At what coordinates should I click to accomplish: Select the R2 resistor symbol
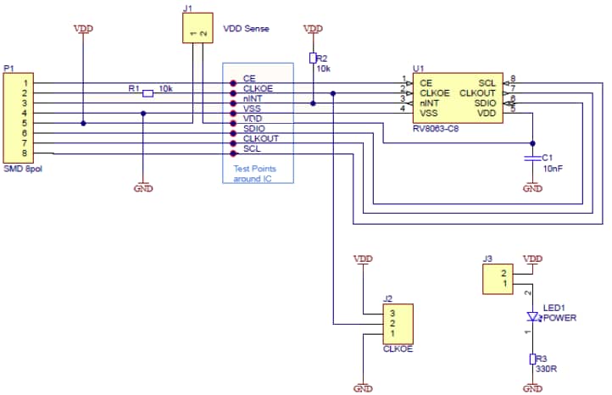pyautogui.click(x=313, y=58)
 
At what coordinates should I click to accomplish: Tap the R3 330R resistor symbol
pyautogui.click(x=532, y=359)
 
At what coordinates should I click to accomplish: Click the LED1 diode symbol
pyautogui.click(x=532, y=317)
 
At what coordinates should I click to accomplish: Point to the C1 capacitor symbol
pyautogui.click(x=532, y=159)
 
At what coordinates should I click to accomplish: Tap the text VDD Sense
pyautogui.click(x=246, y=29)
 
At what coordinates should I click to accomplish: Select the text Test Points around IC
pyautogui.click(x=254, y=173)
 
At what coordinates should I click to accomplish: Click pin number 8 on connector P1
pyautogui.click(x=25, y=153)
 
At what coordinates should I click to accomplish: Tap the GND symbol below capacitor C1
pyautogui.click(x=532, y=187)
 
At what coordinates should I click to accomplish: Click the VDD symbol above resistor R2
pyautogui.click(x=313, y=30)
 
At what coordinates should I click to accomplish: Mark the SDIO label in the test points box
pyautogui.click(x=254, y=128)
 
